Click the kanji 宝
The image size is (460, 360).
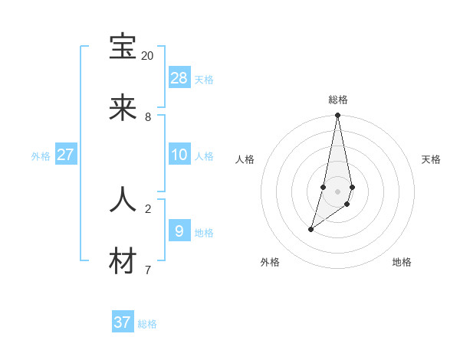pos(123,47)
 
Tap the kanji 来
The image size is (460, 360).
pos(123,109)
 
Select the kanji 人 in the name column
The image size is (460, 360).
pos(123,199)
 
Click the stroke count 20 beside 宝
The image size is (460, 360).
pos(147,56)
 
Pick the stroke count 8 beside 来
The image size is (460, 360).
pos(147,117)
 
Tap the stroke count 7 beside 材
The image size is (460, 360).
pos(147,270)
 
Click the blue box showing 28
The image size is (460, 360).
pos(179,77)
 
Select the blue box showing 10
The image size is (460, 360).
pos(179,155)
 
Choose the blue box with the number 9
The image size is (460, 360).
pos(179,231)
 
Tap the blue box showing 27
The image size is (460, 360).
pos(65,155)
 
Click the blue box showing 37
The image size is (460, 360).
pos(123,322)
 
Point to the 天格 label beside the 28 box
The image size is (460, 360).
pos(204,80)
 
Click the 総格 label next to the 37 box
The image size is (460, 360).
pos(147,325)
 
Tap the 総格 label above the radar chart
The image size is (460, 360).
pos(338,100)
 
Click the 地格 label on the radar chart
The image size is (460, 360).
pos(402,262)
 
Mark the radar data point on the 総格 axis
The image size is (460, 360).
pos(337,116)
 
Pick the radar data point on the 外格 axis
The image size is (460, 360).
pos(311,229)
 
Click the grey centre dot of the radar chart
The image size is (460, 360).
pos(337,191)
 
